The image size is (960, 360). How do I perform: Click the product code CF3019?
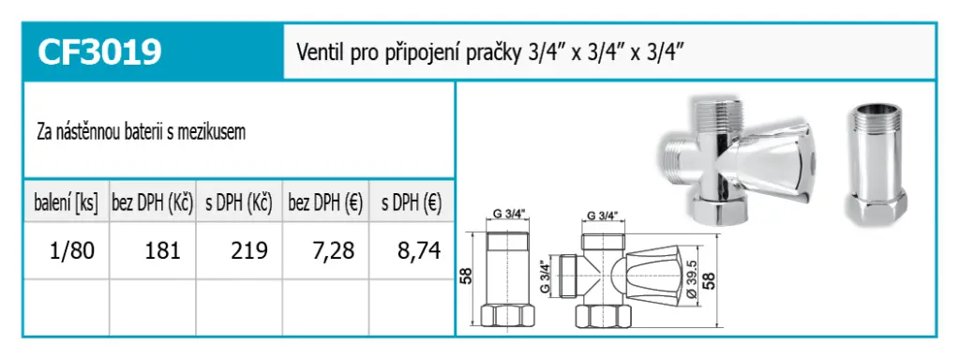coord(99,52)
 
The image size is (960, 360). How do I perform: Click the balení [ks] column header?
coord(67,203)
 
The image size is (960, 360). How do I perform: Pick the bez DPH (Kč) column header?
coord(153,203)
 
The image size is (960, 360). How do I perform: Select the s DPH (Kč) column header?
coord(239,203)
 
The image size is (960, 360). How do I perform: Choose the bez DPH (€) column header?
coord(325,203)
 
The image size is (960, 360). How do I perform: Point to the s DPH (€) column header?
coord(412,203)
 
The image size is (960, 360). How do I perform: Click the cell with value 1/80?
coord(71,250)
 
